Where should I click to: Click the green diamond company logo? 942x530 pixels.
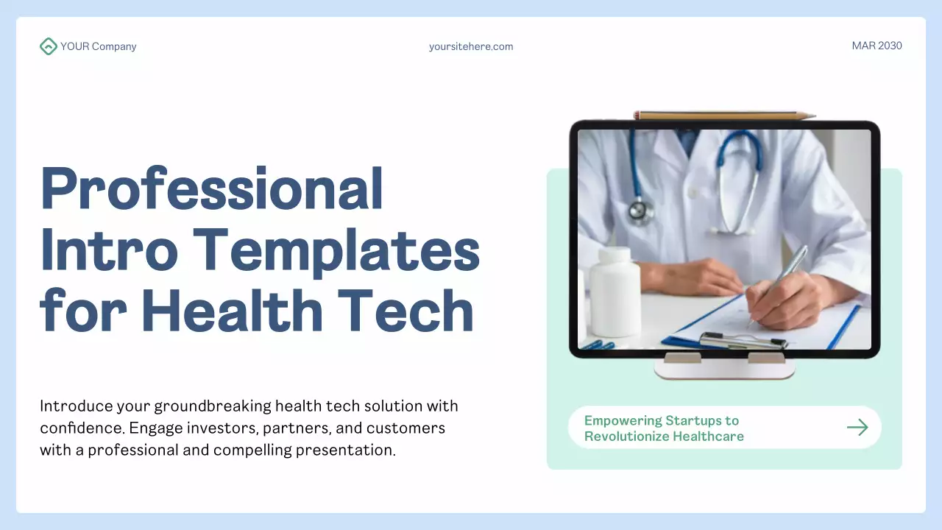coord(48,46)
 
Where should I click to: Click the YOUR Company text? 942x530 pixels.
coord(99,46)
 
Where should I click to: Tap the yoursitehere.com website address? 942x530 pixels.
coord(471,46)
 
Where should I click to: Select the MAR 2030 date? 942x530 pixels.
coord(877,46)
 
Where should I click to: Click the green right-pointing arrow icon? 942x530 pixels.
coord(857,428)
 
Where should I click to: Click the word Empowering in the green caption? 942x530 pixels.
coord(623,420)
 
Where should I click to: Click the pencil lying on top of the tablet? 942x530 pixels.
coord(724,116)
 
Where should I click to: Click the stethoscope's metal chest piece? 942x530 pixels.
coord(640,211)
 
